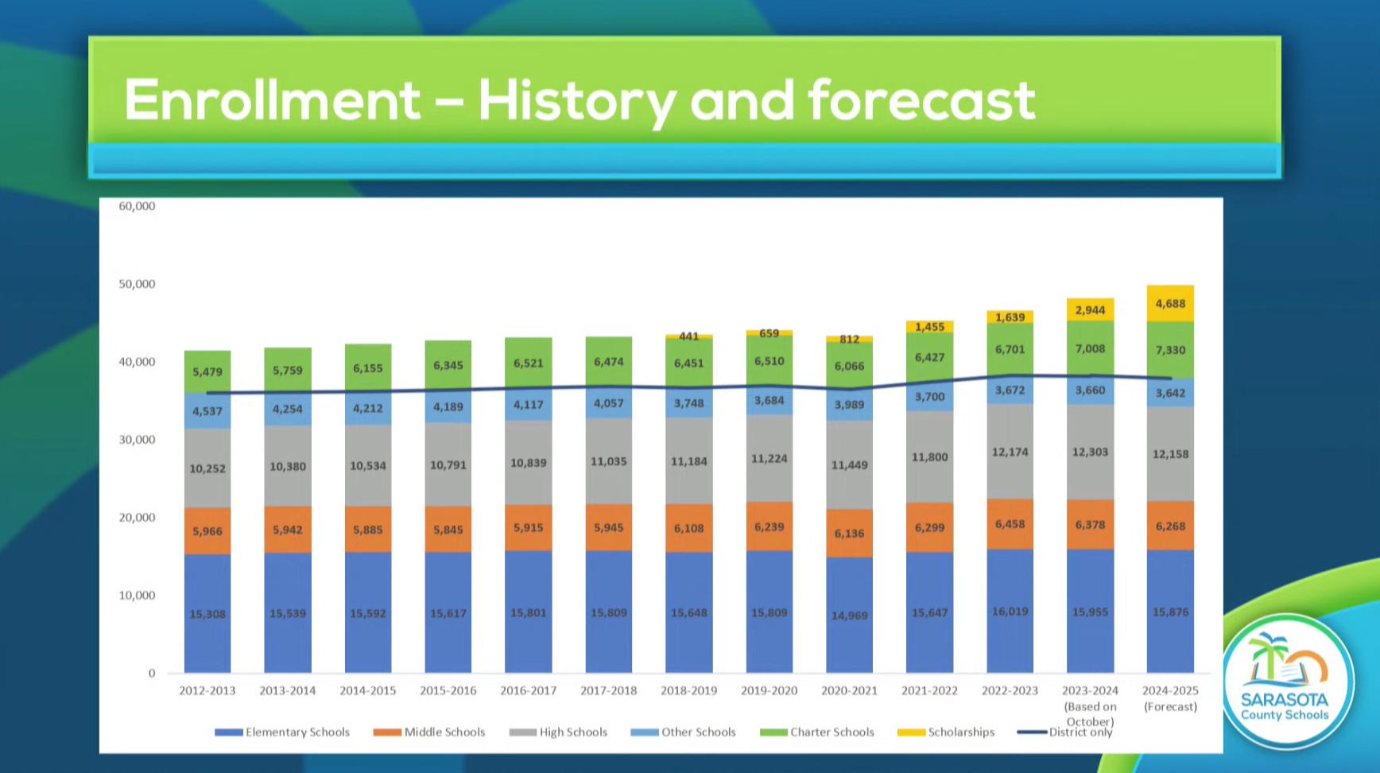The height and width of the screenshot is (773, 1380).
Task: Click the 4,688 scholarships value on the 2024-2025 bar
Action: [1170, 304]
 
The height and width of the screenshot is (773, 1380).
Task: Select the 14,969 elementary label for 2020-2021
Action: [849, 616]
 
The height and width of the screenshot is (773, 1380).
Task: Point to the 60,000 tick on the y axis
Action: [137, 206]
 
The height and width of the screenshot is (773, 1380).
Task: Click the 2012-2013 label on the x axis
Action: [207, 690]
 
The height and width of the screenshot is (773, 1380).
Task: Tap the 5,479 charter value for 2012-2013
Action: [207, 371]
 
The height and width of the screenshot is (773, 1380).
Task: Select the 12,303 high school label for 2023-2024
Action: [1090, 452]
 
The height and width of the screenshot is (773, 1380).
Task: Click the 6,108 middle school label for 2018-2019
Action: [688, 528]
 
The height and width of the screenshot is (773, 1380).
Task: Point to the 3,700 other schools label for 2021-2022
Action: [929, 397]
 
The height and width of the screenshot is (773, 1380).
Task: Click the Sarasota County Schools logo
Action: [1286, 681]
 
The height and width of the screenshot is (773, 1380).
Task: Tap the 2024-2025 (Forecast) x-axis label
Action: [1170, 698]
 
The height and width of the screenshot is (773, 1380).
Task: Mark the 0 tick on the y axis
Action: [152, 673]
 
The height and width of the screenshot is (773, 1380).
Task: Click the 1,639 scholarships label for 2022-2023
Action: [1010, 317]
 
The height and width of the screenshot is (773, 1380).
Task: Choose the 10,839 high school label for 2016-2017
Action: [528, 463]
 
